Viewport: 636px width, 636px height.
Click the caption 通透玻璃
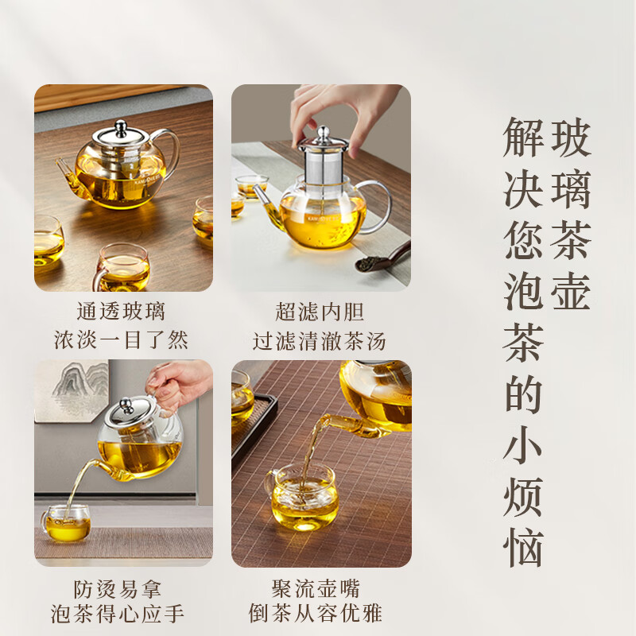[121, 311]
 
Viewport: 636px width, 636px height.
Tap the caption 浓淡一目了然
[121, 340]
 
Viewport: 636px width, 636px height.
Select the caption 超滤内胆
[320, 311]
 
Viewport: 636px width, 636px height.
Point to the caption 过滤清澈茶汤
[320, 340]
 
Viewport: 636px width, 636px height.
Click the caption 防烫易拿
[121, 589]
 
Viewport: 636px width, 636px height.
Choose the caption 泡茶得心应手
[121, 615]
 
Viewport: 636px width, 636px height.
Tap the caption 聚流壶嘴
[320, 589]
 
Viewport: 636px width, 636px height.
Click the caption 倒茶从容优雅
[320, 615]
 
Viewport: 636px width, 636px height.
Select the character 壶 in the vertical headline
[571, 291]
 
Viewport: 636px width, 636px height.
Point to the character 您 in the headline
[523, 240]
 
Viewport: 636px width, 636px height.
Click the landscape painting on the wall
[72, 390]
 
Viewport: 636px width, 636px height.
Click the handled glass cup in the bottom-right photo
[302, 498]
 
